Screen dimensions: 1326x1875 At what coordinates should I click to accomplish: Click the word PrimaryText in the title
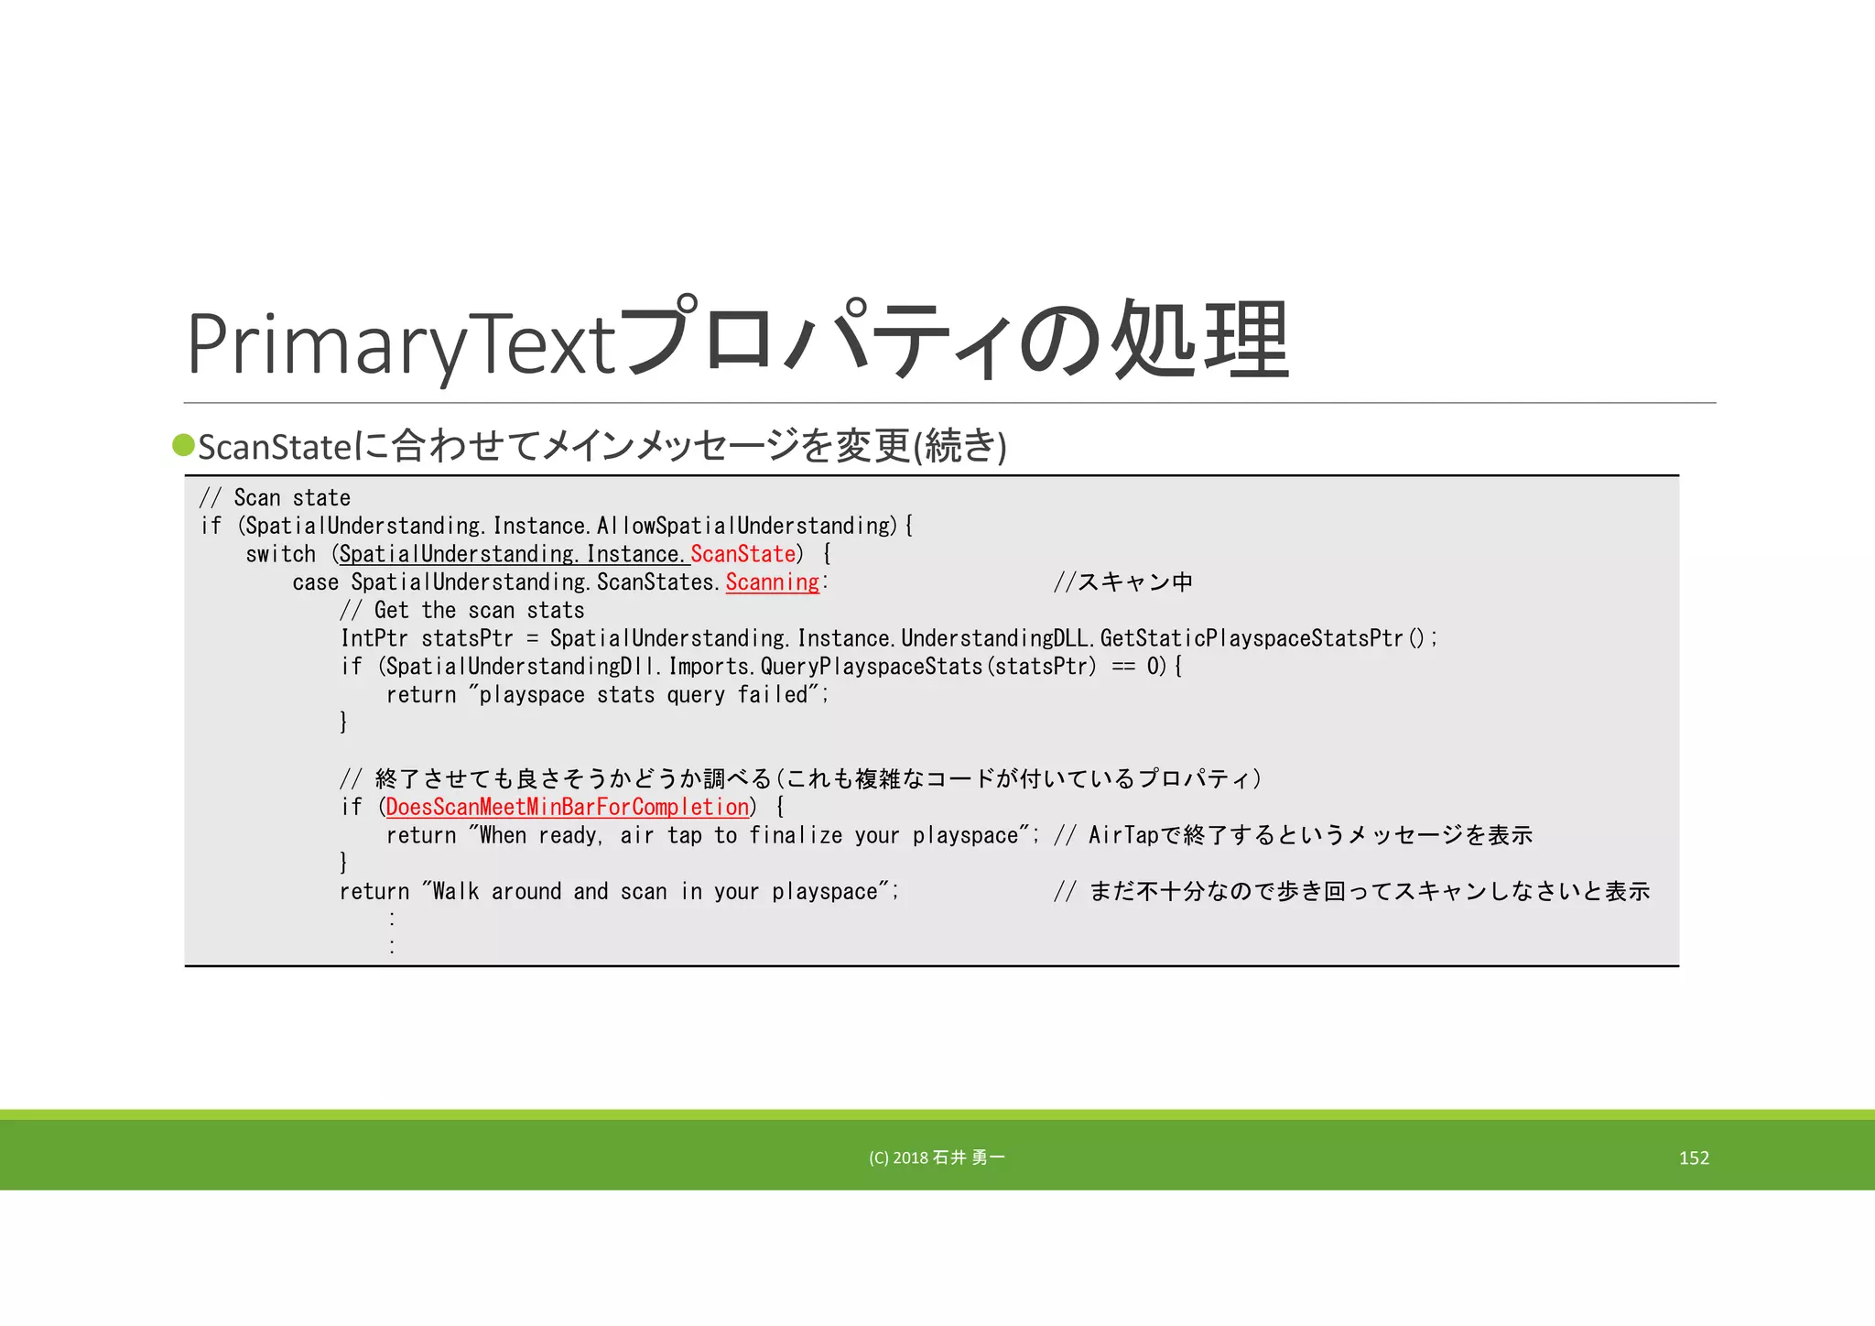tap(401, 344)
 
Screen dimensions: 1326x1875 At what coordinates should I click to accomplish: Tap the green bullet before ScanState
tap(183, 445)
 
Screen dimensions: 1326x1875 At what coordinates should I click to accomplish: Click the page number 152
tap(1694, 1158)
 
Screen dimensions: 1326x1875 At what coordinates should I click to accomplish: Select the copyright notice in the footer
tap(937, 1158)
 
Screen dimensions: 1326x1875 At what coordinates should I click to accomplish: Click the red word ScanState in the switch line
tap(742, 554)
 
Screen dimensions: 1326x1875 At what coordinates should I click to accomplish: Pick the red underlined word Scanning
tap(773, 582)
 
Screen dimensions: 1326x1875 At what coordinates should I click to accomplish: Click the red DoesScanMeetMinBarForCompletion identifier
tap(568, 807)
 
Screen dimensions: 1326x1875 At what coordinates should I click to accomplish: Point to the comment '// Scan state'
tap(275, 498)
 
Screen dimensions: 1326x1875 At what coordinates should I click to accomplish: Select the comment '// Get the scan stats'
tap(461, 611)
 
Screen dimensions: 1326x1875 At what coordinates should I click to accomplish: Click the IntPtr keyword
tap(374, 638)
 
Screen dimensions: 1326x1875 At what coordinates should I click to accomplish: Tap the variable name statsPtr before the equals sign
tap(467, 638)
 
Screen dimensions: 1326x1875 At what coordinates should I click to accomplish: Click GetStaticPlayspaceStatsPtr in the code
tap(1252, 638)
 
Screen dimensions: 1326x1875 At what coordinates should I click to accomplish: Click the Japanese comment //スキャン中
tap(1123, 582)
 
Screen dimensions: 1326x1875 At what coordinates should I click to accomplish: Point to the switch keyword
tap(280, 554)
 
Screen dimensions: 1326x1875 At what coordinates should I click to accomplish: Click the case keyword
tap(315, 582)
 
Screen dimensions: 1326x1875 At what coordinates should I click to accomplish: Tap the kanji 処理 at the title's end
tap(1199, 341)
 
